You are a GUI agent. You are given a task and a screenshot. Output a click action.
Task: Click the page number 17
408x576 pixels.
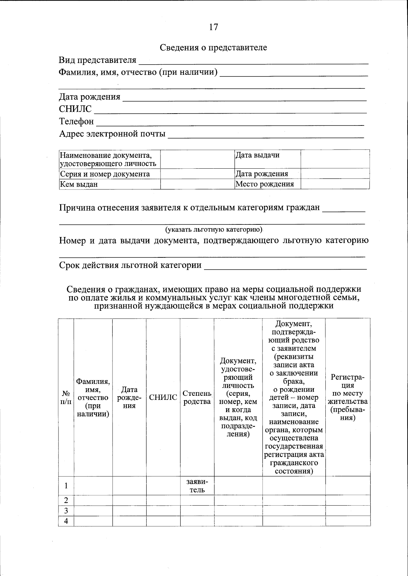214,27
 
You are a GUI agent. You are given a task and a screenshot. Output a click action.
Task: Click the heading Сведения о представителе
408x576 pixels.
214,48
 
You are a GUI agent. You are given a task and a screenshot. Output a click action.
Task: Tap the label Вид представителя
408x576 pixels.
98,60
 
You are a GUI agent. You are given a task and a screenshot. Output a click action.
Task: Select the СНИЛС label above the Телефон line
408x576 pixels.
75,109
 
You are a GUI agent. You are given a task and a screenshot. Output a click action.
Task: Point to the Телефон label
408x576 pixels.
76,121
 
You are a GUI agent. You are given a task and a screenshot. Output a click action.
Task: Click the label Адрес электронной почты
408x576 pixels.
112,134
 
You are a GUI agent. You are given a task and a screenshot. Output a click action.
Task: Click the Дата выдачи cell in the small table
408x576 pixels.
257,155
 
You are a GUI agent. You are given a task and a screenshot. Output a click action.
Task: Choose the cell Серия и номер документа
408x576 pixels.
105,174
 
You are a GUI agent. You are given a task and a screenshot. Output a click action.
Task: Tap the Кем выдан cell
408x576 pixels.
79,184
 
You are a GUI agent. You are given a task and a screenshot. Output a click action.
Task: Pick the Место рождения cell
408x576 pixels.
265,184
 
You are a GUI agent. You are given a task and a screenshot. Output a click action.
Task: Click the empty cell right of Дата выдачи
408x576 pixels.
335,159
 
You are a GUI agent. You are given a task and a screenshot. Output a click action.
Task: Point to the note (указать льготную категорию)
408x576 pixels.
214,230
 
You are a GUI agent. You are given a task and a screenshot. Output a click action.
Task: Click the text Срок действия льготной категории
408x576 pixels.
130,265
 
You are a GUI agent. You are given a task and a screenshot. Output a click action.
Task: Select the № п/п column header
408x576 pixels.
66,397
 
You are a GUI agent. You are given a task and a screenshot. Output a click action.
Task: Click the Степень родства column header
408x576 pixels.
197,397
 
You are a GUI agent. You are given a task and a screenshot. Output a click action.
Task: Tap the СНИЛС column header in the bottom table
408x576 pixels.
163,397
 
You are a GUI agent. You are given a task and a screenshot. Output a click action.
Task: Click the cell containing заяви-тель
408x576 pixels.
197,486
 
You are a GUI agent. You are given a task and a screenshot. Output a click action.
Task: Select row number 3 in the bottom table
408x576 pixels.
66,511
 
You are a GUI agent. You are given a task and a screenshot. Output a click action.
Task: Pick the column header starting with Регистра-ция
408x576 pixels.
347,397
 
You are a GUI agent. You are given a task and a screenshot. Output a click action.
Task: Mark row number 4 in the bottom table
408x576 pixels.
66,521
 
